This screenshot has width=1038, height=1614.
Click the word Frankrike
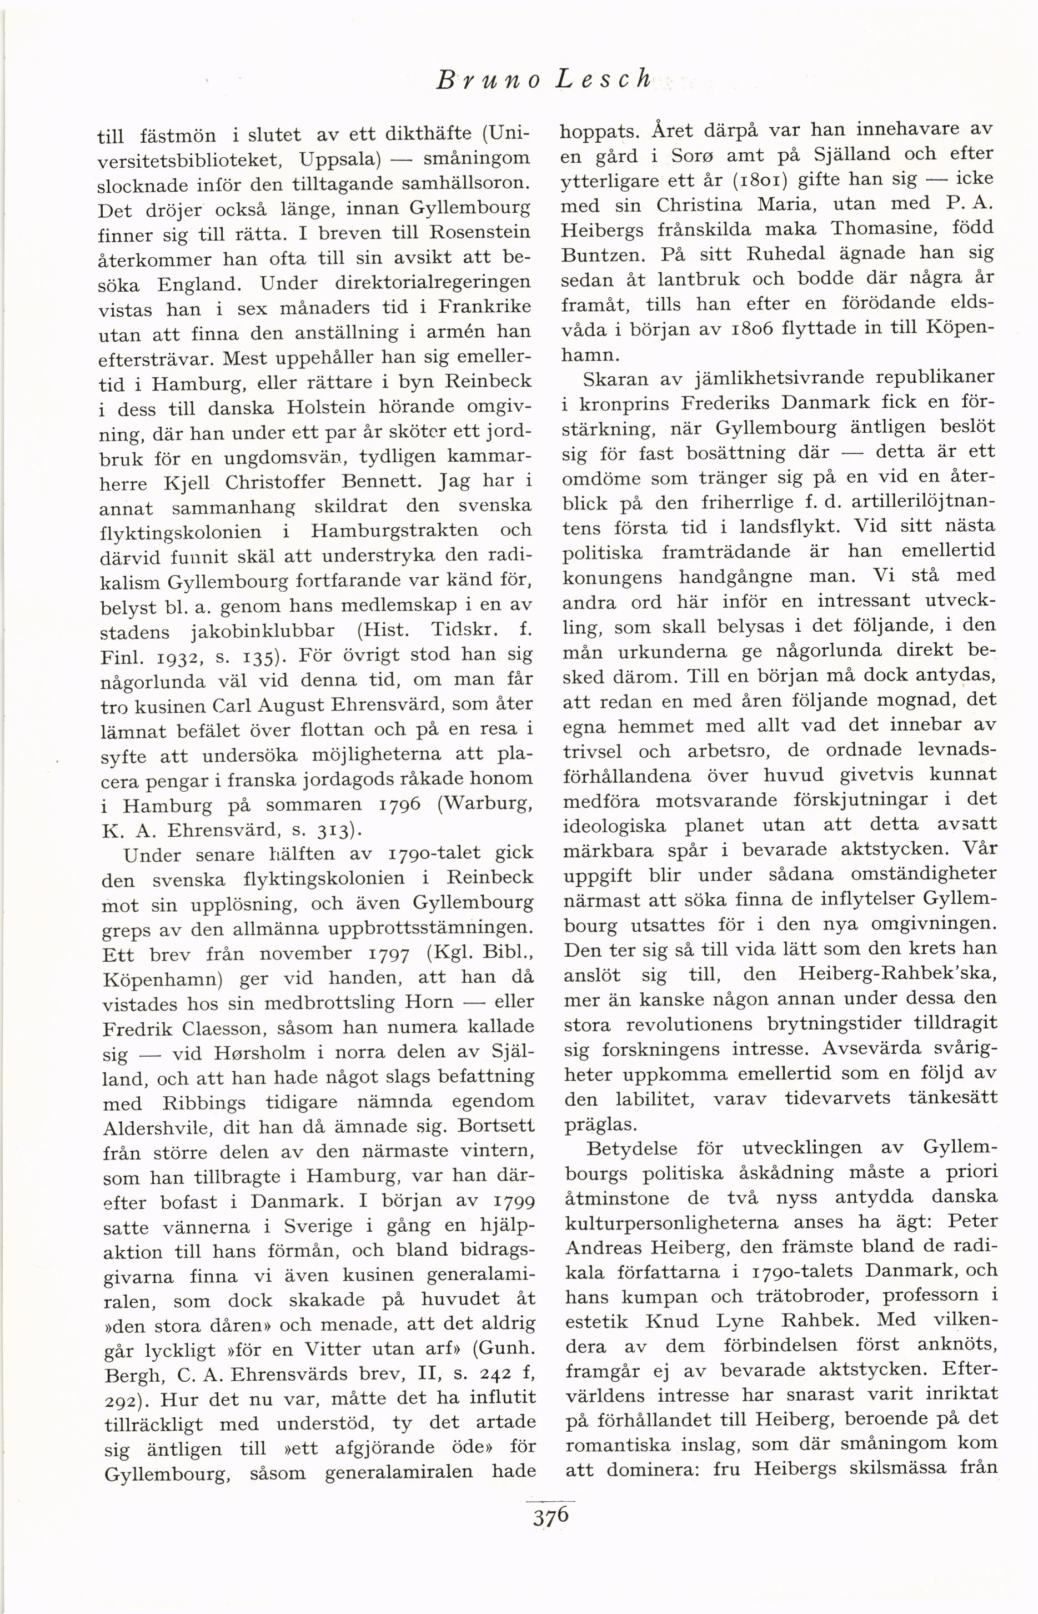484,307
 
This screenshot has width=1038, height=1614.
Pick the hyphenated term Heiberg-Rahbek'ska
896,973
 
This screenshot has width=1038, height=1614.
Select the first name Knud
670,1321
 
